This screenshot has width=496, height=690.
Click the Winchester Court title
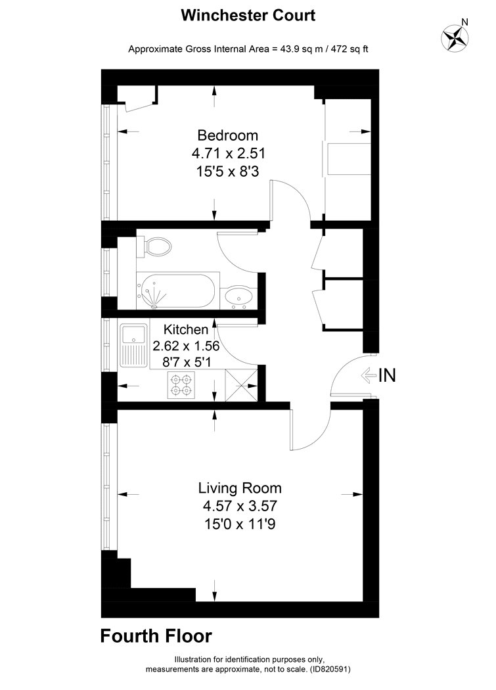click(248, 15)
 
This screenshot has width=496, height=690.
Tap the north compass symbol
click(455, 37)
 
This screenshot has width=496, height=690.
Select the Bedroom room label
click(227, 135)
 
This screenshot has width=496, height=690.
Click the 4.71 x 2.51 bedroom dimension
click(229, 153)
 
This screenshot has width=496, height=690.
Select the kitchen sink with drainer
click(134, 345)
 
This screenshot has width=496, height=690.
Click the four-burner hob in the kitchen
click(181, 384)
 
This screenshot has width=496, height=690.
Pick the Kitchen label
click(186, 329)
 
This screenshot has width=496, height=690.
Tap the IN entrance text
click(388, 375)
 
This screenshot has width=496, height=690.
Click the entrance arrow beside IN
click(369, 376)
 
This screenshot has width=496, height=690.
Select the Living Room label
click(240, 488)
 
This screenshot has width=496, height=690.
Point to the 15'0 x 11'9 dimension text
click(240, 524)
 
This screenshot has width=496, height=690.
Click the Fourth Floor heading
click(156, 636)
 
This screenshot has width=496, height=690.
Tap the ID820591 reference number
click(329, 670)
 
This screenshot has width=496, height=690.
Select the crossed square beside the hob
click(241, 385)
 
